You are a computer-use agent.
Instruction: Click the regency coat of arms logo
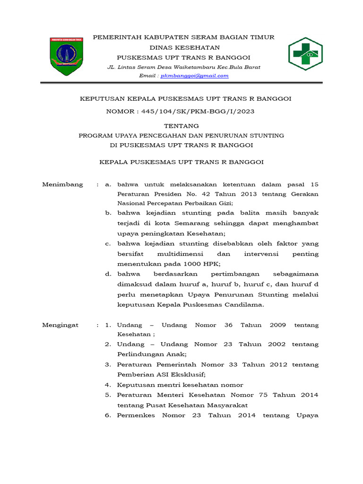pyautogui.click(x=66, y=56)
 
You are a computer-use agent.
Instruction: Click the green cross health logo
pyautogui.click(x=305, y=54)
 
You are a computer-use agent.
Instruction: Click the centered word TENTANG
pyautogui.click(x=181, y=126)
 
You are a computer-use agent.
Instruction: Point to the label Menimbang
pyautogui.click(x=63, y=184)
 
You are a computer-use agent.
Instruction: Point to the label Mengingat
pyautogui.click(x=60, y=325)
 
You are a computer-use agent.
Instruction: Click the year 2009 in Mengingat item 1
pyautogui.click(x=278, y=325)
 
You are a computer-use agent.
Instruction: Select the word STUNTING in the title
pyautogui.click(x=265, y=135)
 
